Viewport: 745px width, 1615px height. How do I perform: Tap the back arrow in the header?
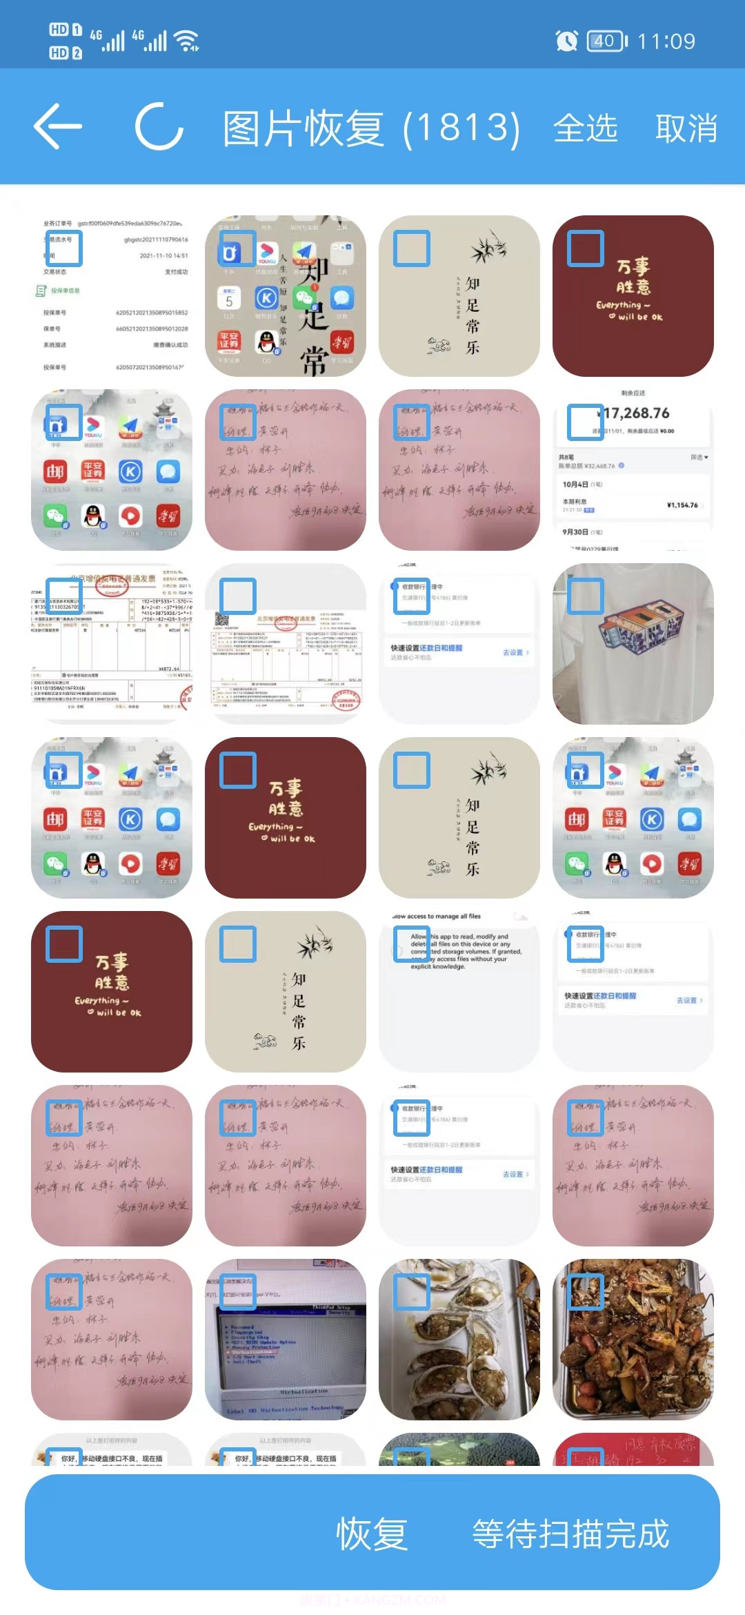pos(58,126)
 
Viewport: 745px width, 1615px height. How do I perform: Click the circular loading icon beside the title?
pos(159,126)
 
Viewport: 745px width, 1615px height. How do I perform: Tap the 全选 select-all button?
pos(585,128)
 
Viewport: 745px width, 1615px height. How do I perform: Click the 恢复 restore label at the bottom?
pos(372,1534)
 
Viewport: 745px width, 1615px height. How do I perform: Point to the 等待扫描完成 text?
pos(570,1534)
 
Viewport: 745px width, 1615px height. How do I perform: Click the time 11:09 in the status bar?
pos(666,41)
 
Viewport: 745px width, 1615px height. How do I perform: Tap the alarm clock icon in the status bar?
pos(566,41)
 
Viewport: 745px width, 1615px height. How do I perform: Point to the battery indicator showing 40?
pos(606,41)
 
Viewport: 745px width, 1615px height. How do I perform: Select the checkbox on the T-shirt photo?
pos(586,596)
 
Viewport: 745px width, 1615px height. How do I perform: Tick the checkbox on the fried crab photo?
pos(586,1292)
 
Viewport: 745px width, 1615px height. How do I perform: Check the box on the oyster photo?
pos(412,1292)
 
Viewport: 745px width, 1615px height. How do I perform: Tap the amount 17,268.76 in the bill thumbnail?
pos(636,413)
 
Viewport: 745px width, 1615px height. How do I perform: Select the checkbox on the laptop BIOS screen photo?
pos(238,1292)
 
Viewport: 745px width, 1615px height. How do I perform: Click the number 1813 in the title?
pos(461,128)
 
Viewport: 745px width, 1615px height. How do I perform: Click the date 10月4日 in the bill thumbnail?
pos(575,484)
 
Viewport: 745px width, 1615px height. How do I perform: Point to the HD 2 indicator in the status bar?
pos(66,53)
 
